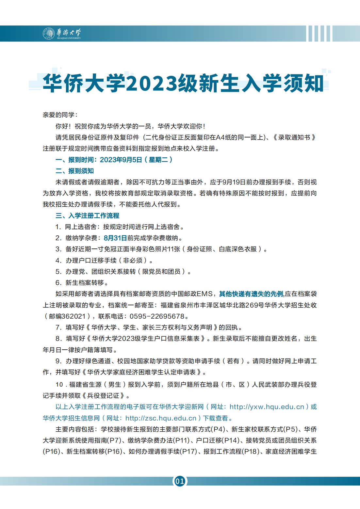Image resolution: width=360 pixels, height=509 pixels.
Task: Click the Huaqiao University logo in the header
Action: coord(62,33)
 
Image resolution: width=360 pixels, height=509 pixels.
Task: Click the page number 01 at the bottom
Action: coord(180,481)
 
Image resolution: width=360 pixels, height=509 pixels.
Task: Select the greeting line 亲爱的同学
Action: coord(60,115)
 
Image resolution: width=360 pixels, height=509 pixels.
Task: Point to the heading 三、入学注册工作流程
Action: coord(87,216)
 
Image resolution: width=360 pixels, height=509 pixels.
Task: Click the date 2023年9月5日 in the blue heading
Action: coord(121,160)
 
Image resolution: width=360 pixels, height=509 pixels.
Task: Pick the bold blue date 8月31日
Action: coord(115,238)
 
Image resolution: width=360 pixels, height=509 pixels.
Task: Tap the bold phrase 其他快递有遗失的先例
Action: coord(251,294)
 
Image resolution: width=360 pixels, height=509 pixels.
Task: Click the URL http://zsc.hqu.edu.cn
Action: coord(161,418)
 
